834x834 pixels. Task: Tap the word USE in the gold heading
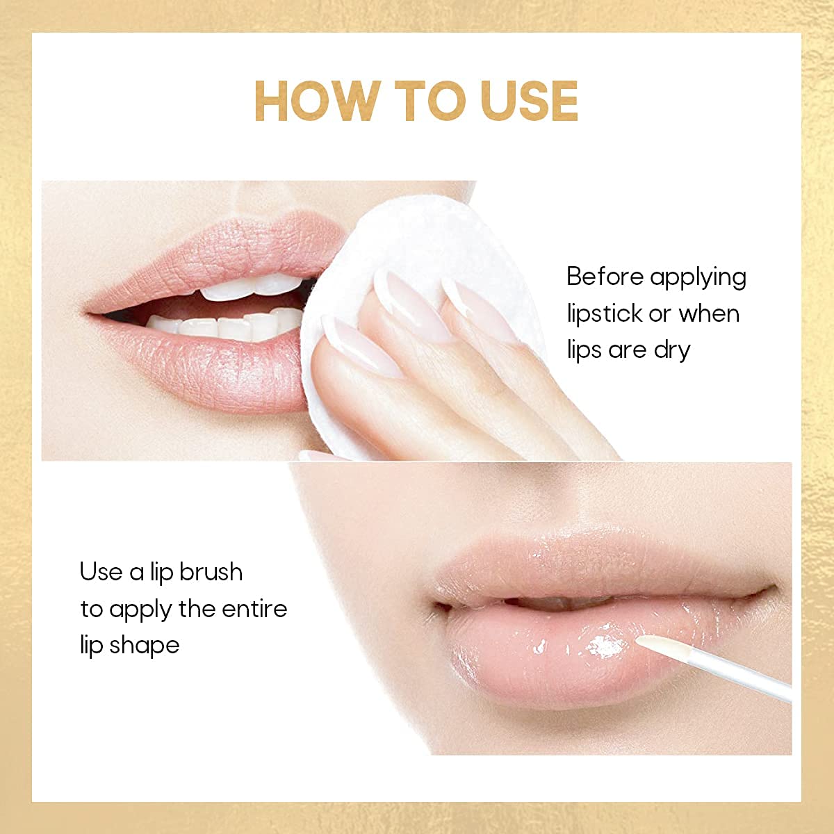click(529, 101)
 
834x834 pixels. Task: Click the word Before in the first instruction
click(605, 277)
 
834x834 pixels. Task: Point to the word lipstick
click(604, 313)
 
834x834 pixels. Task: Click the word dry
click(671, 350)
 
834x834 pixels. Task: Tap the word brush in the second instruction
click(211, 572)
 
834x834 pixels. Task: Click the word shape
click(145, 646)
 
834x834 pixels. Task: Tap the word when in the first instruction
click(709, 313)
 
